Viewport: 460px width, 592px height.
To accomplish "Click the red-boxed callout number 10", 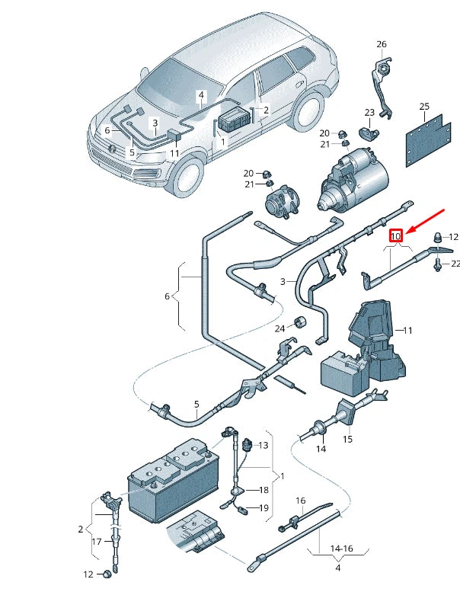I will pos(395,236).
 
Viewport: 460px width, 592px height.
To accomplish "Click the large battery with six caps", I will pos(174,481).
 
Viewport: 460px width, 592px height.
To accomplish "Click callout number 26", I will pos(382,44).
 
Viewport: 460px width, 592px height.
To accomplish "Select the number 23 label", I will pos(369,113).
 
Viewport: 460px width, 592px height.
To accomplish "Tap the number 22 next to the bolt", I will pos(455,264).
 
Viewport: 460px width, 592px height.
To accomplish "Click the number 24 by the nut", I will pos(280,328).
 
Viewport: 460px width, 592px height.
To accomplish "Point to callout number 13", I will pos(264,445).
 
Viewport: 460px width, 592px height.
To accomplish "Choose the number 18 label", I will pos(264,490).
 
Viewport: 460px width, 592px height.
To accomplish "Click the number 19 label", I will pos(264,507).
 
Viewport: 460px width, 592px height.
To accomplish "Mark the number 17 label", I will pos(97,542).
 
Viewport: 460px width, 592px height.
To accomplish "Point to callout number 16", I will pos(300,501).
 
